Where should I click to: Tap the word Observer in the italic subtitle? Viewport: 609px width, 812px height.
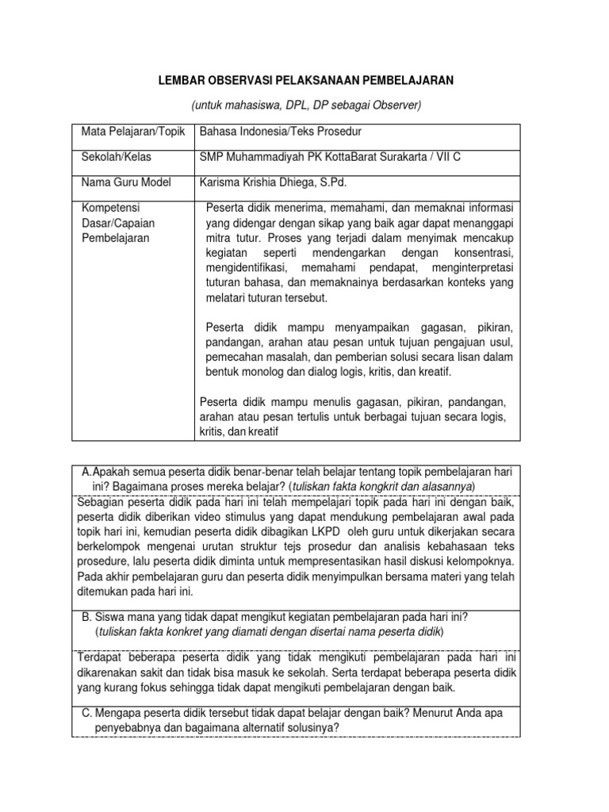tap(399, 105)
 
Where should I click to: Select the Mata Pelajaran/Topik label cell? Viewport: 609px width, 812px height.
tap(127, 132)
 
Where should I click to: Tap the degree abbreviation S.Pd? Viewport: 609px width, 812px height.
tap(343, 182)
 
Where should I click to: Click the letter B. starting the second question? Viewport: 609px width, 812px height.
tap(86, 618)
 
